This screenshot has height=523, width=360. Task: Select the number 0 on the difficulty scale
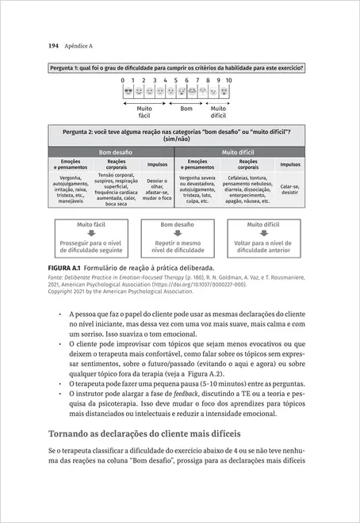[x=123, y=80]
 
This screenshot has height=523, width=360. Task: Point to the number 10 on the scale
[x=228, y=80]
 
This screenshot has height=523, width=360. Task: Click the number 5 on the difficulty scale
[x=176, y=80]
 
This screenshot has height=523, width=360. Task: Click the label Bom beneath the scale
[x=186, y=107]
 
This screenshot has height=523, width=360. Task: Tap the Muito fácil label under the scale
[x=144, y=111]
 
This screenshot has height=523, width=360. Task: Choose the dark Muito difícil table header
[x=240, y=151]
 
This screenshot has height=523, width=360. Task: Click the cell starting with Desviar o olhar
[x=157, y=189]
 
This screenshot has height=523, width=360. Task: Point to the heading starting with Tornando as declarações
[x=150, y=434]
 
